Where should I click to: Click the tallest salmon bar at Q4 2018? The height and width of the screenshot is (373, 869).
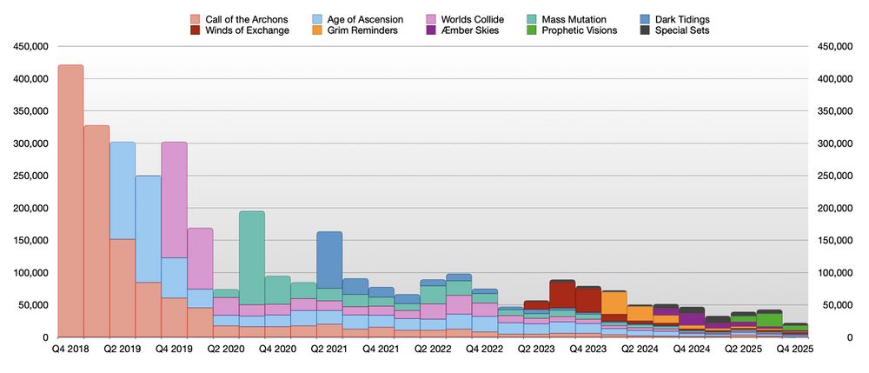pos(70,200)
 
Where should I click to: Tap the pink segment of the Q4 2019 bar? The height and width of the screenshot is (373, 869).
pos(174,199)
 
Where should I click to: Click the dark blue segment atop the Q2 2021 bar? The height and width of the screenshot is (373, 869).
pos(328,259)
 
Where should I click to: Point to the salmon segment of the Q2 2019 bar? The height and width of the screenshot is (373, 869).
pos(122,287)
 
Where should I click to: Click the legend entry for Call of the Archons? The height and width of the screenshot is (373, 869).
pos(239,19)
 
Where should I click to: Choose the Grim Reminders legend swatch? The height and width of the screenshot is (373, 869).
pos(317,30)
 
